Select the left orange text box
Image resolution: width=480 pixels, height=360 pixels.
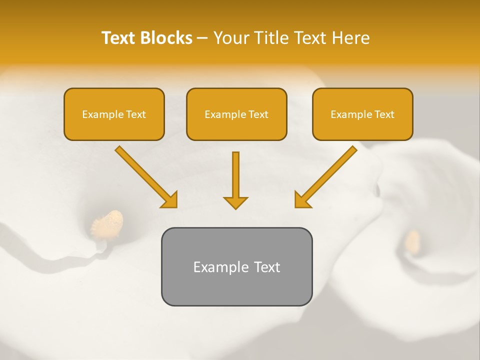(x=114, y=114)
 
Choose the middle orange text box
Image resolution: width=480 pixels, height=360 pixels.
(x=236, y=114)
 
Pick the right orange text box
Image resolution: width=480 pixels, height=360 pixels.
(x=362, y=114)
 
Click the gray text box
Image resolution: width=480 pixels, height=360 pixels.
(x=236, y=266)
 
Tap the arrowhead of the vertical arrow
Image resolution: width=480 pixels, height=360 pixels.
(x=235, y=202)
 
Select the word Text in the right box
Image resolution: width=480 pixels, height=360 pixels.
(x=384, y=114)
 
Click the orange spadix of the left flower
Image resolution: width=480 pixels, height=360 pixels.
(x=108, y=223)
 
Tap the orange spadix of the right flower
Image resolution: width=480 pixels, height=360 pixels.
(x=412, y=241)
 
